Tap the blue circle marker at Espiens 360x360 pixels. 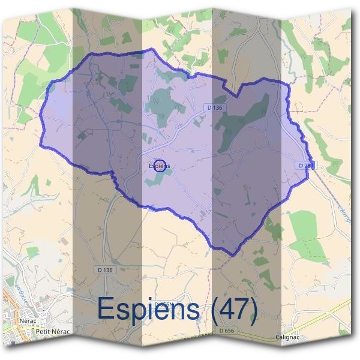[x=160, y=166]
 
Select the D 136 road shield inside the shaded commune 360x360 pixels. [x=214, y=107]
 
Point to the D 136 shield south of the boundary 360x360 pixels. [x=104, y=270]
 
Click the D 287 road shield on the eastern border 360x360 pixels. [x=305, y=164]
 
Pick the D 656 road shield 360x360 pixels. [x=227, y=331]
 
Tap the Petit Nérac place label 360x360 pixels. [x=53, y=331]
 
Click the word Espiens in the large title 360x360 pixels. [x=148, y=310]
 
